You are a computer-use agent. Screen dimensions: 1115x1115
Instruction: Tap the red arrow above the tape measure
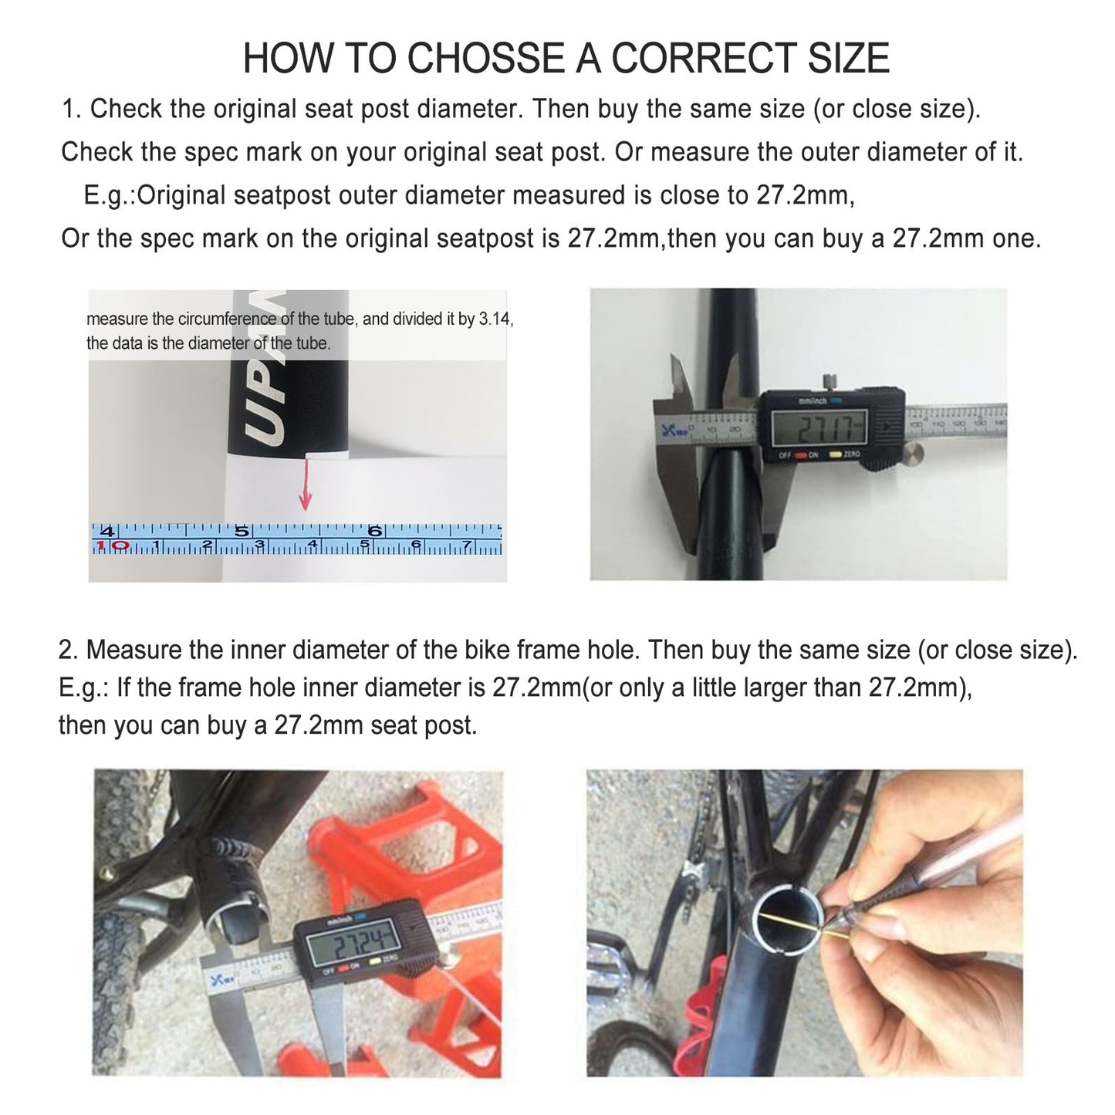(305, 486)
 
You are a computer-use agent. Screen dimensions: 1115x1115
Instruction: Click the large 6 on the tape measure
(376, 532)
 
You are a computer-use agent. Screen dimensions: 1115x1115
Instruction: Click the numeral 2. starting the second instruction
(68, 650)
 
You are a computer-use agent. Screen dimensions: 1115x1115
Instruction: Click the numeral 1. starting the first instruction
(71, 109)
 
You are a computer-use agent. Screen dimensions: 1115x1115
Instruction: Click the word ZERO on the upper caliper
(851, 454)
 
